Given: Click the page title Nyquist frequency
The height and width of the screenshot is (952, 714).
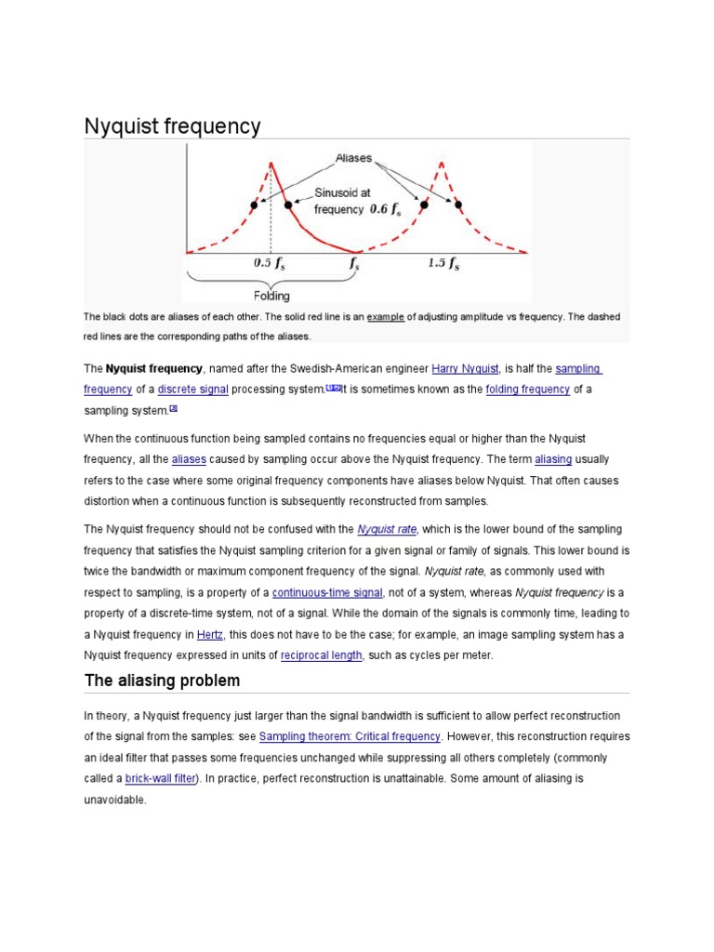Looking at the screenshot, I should pos(173,126).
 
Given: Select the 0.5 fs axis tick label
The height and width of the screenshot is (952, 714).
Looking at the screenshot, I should pos(271,263).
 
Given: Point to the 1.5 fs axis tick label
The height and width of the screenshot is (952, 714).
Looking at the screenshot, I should pos(443,263).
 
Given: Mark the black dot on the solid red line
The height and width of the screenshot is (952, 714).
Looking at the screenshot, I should pos(289,204).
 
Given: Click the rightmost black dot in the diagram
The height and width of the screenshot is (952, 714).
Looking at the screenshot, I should pos(457,204).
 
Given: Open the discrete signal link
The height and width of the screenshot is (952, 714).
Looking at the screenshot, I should pos(192,390).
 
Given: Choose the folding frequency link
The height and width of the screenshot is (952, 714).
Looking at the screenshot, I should pos(527,390).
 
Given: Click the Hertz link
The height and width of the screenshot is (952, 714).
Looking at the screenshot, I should pos(209,635).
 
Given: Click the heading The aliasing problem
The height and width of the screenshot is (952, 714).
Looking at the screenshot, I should pos(162,681).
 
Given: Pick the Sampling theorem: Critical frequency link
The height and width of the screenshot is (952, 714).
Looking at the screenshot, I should pos(350,736).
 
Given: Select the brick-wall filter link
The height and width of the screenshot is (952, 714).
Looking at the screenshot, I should pos(165,778).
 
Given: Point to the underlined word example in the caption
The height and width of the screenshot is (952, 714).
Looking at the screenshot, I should pos(385,317).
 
